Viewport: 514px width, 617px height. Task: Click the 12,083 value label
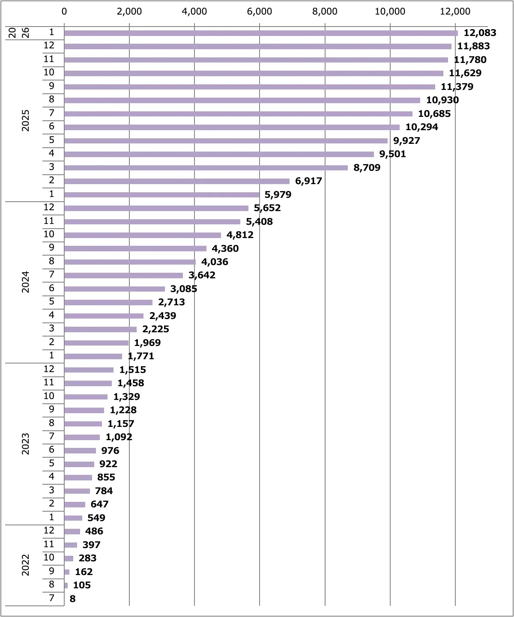pyautogui.click(x=480, y=33)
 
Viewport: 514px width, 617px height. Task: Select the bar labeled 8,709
pyautogui.click(x=206, y=168)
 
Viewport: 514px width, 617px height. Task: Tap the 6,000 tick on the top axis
pyautogui.click(x=260, y=12)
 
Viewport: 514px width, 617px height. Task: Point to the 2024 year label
pyautogui.click(x=26, y=282)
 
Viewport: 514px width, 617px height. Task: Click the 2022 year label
pyautogui.click(x=26, y=565)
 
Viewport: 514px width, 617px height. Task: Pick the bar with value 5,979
pyautogui.click(x=162, y=195)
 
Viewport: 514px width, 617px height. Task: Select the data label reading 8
pyautogui.click(x=72, y=599)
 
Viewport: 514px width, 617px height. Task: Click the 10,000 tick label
pyautogui.click(x=390, y=12)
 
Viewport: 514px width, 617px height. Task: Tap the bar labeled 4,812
pyautogui.click(x=143, y=235)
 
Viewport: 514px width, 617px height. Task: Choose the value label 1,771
pyautogui.click(x=141, y=356)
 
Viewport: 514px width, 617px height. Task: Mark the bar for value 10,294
pyautogui.click(x=232, y=127)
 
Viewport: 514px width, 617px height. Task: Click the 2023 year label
pyautogui.click(x=26, y=444)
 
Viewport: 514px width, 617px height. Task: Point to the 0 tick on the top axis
pyautogui.click(x=64, y=12)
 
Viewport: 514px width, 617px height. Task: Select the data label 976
pyautogui.click(x=110, y=451)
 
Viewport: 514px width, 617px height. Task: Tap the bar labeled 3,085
pyautogui.click(x=114, y=289)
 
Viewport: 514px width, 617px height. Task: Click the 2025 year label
pyautogui.click(x=26, y=120)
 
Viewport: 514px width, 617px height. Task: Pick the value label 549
pyautogui.click(x=96, y=518)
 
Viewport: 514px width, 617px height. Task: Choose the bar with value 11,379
pyautogui.click(x=250, y=87)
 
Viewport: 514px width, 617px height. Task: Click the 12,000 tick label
pyautogui.click(x=455, y=12)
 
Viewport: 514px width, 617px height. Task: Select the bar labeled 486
pyautogui.click(x=72, y=532)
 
